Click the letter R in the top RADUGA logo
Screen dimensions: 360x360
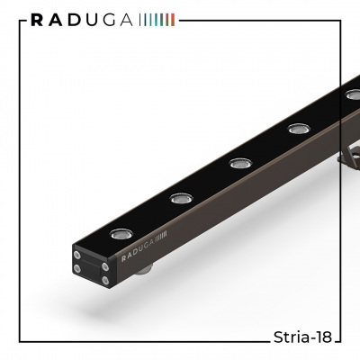click(37, 20)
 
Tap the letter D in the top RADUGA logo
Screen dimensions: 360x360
click(74, 20)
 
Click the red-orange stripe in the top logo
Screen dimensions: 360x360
click(173, 20)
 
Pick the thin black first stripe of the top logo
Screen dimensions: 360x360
click(140, 20)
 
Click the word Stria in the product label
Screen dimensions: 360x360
click(291, 337)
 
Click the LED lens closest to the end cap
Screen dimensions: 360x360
click(121, 234)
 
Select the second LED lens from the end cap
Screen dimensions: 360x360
click(181, 198)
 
